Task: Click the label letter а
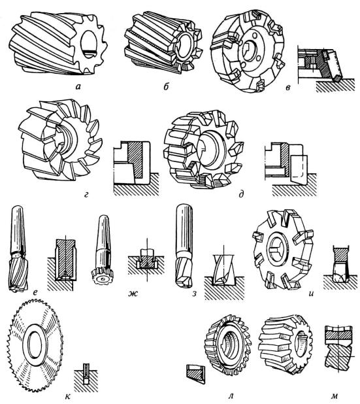[x=78, y=87]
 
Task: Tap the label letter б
[x=165, y=86]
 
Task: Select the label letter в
[x=288, y=88]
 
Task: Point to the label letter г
[x=86, y=195]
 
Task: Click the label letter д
[x=241, y=195]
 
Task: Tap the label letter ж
[x=133, y=294]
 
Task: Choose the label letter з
[x=195, y=294]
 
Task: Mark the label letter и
[x=311, y=294]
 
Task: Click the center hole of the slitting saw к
[x=34, y=345]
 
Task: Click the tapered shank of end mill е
[x=18, y=229]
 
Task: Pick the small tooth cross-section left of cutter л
[x=195, y=374]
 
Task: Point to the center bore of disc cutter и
[x=278, y=251]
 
